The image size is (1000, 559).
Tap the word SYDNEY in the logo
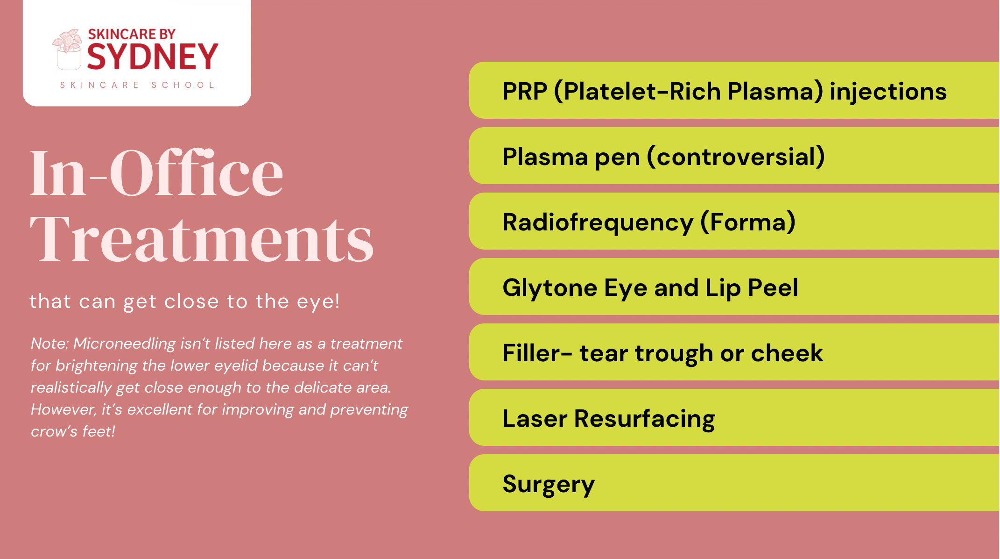click(153, 57)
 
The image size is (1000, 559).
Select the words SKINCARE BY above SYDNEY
click(132, 34)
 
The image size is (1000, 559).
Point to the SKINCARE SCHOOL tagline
click(137, 85)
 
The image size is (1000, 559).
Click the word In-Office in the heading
click(156, 172)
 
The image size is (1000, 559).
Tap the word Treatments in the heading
click(202, 238)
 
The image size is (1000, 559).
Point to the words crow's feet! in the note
click(73, 431)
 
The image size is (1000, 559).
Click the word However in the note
click(64, 410)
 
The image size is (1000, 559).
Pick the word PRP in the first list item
click(525, 91)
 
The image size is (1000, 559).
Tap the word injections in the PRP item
click(888, 92)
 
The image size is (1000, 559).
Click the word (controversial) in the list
click(736, 157)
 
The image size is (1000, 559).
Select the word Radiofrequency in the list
click(598, 223)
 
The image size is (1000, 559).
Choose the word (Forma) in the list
click(748, 222)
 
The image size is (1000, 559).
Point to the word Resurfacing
click(645, 419)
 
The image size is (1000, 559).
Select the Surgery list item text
click(549, 485)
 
